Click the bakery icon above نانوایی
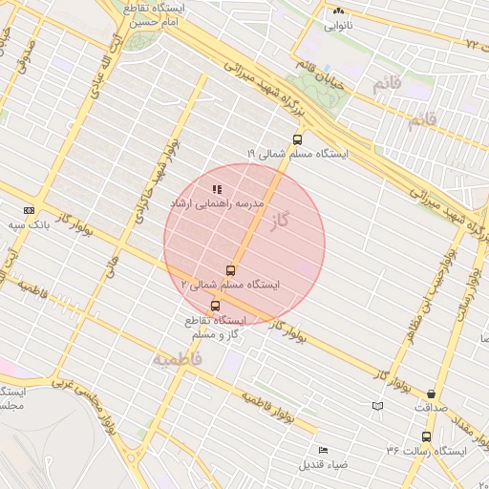coord(339,11)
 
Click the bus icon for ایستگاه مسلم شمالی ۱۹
coord(297,138)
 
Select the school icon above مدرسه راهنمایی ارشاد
coord(217,190)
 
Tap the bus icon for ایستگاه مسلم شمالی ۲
coord(229,270)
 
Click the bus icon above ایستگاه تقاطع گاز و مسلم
coord(213,306)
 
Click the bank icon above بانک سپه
coord(28,210)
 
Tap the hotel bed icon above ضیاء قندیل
coord(323,450)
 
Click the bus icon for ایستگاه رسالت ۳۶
coord(426,436)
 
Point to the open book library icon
coord(377,406)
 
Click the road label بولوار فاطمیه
coord(276,405)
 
